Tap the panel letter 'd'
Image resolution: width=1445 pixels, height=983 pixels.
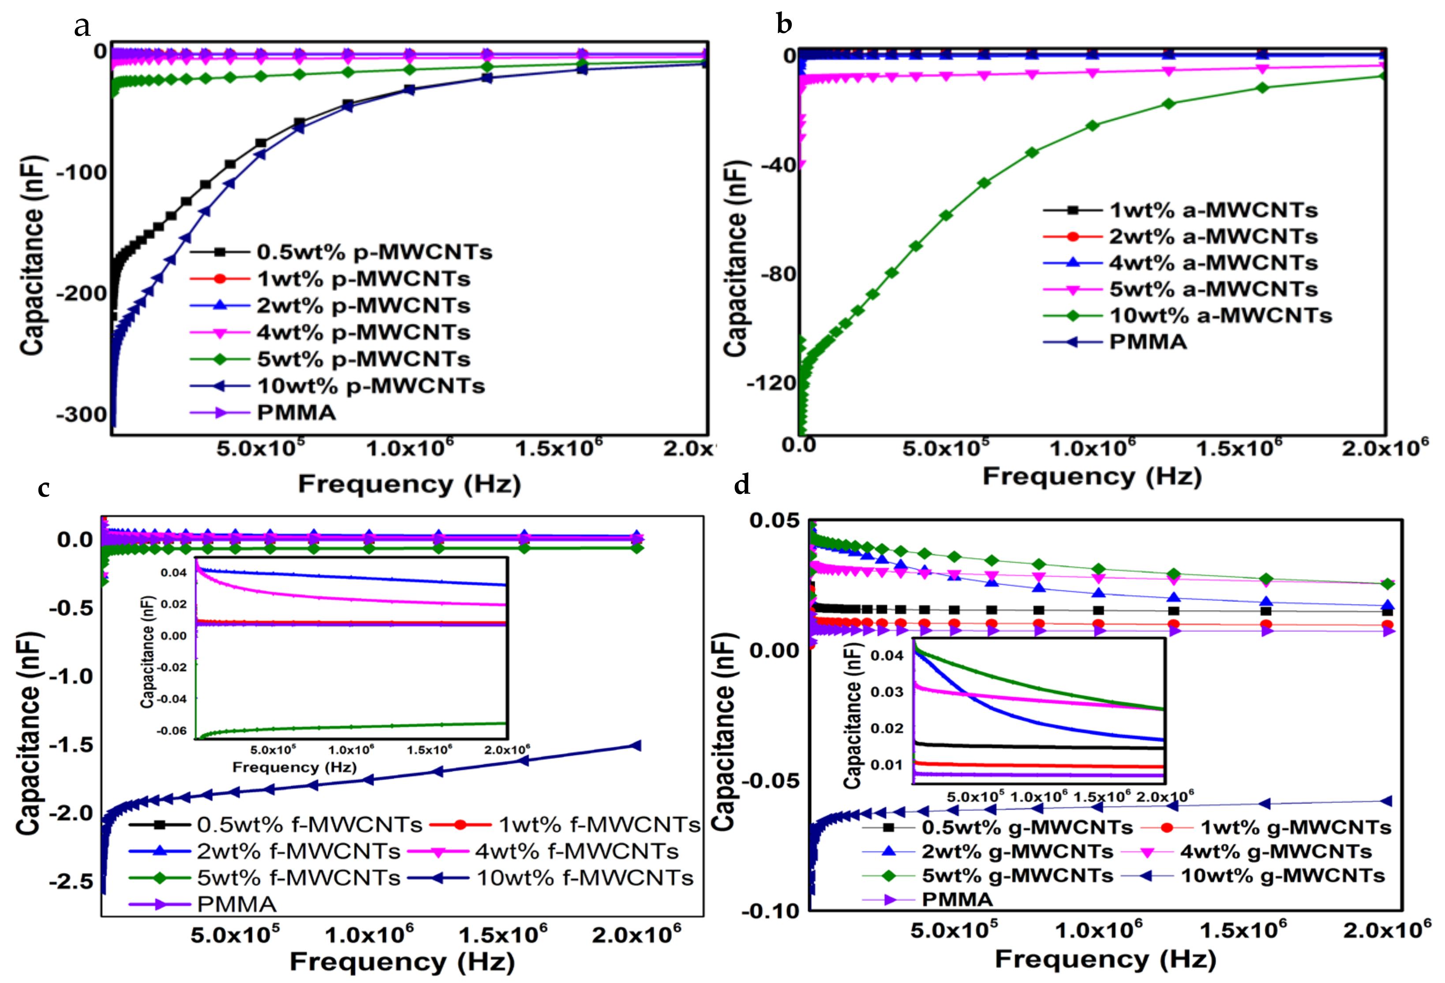click(x=742, y=484)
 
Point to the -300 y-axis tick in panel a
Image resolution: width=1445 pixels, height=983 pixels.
click(x=82, y=414)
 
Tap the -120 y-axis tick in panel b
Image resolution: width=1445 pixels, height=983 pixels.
click(x=771, y=383)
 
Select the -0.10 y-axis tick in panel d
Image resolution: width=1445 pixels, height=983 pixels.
click(x=770, y=911)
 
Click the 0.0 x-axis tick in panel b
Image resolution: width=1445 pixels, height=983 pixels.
click(x=798, y=445)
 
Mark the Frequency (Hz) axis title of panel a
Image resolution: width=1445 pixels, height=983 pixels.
click(x=409, y=484)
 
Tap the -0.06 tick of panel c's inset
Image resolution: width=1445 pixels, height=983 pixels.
click(x=171, y=731)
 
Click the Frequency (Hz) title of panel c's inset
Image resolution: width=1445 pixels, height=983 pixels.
click(x=294, y=767)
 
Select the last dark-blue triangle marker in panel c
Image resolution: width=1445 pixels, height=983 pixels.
click(x=636, y=746)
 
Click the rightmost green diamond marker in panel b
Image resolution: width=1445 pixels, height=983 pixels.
click(x=1381, y=76)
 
